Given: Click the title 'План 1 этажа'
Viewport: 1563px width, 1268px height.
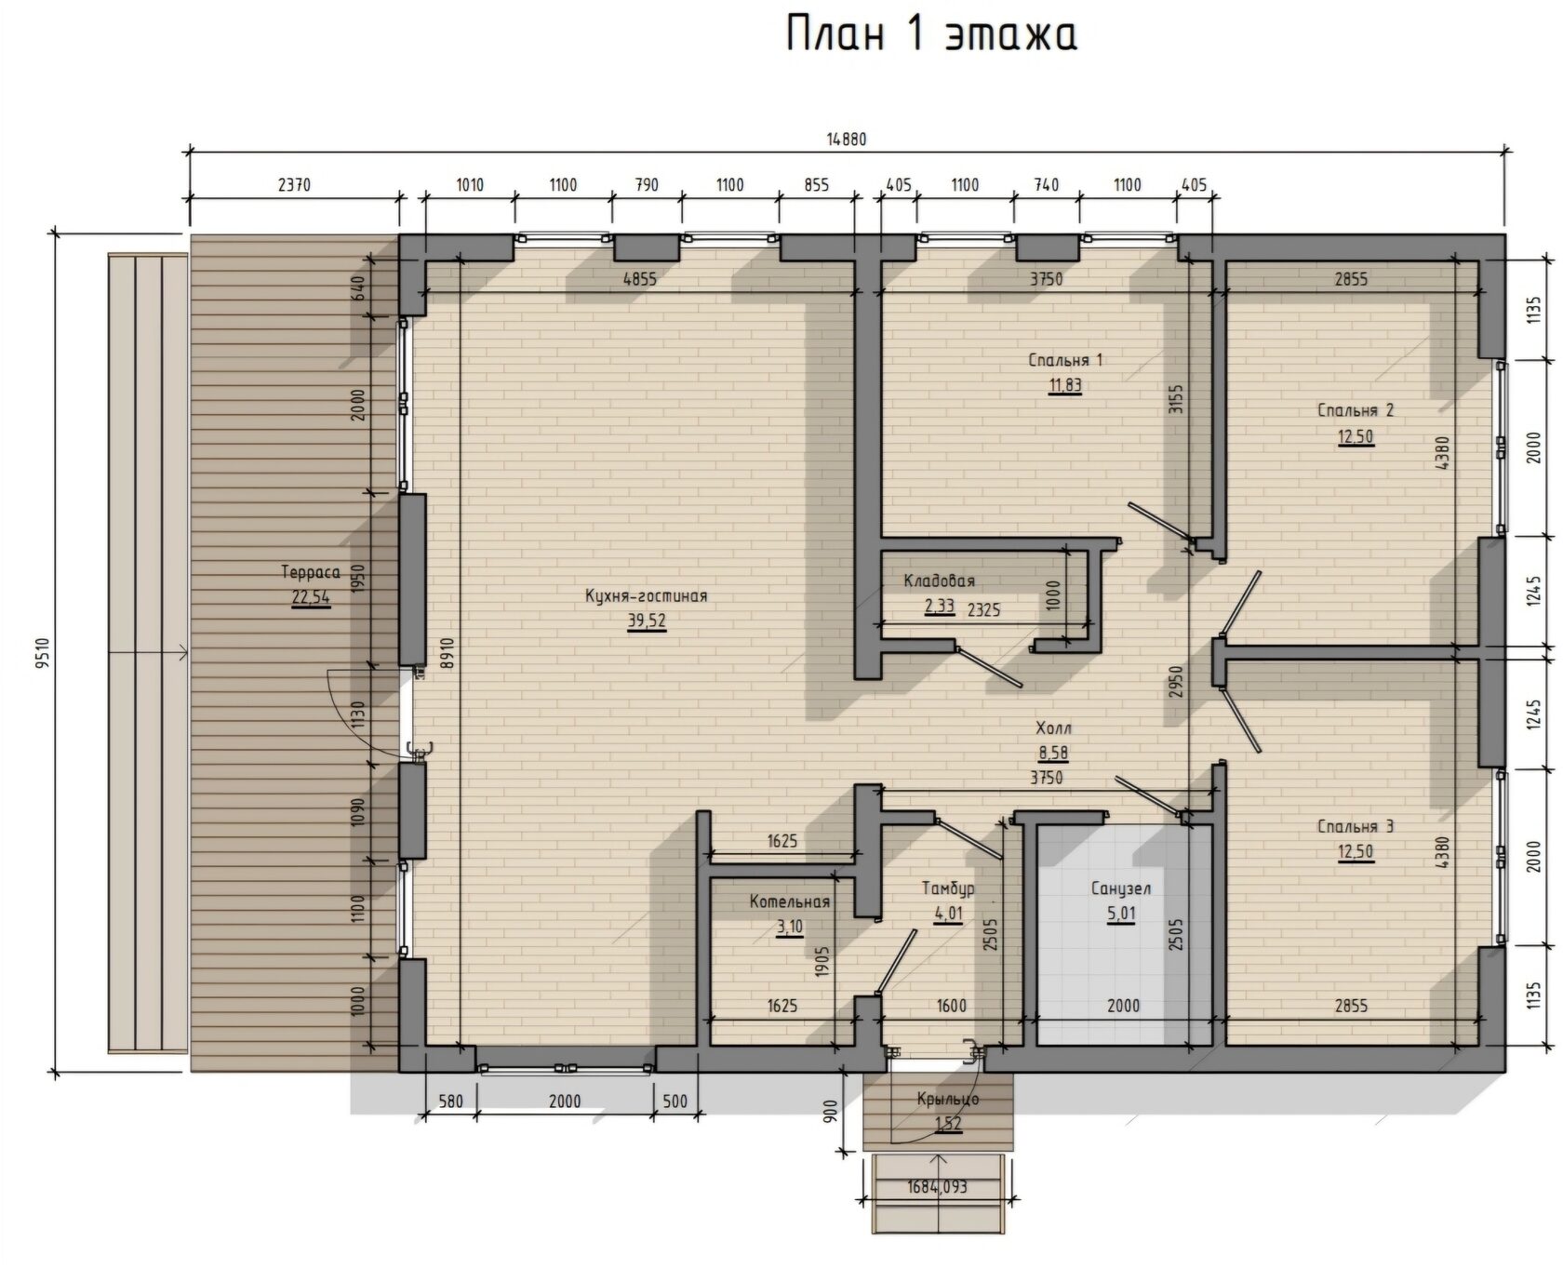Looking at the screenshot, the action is click(x=931, y=34).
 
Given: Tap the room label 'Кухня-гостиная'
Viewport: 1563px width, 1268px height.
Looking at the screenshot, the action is click(x=646, y=595).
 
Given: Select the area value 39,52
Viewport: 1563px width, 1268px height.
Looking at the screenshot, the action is click(x=647, y=621).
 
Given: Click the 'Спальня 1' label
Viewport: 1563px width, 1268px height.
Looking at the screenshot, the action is click(x=1065, y=360).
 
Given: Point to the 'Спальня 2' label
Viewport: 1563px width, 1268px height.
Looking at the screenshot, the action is click(x=1356, y=410).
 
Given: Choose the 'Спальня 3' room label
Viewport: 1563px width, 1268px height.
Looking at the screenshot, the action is click(x=1356, y=826).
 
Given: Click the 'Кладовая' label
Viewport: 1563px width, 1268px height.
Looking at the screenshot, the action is click(x=940, y=581).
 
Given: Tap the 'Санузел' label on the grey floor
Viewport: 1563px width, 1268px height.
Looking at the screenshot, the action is click(x=1121, y=888).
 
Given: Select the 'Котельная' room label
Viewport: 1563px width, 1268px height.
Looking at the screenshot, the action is click(x=790, y=901).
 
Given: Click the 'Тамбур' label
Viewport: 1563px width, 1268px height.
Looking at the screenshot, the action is click(x=948, y=888).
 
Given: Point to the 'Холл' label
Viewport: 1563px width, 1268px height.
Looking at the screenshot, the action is click(x=1053, y=728).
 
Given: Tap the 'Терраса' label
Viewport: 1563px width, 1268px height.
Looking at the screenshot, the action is click(x=311, y=572).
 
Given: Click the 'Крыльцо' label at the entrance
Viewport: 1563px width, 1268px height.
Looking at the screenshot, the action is click(x=948, y=1099).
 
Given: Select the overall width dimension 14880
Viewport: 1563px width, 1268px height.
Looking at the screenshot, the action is click(x=847, y=140).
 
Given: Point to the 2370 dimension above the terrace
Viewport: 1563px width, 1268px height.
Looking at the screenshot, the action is click(x=294, y=185).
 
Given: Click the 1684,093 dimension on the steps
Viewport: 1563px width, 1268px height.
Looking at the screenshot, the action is click(x=937, y=1187).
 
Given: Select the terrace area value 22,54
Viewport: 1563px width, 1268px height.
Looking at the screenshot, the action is click(x=311, y=597).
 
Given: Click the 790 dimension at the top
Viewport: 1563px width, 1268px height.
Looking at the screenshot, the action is click(x=646, y=185).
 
